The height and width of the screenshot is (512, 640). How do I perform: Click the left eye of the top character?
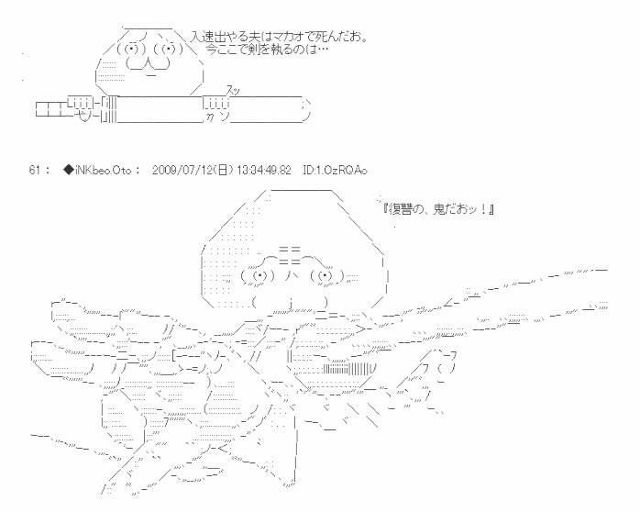[x=133, y=48]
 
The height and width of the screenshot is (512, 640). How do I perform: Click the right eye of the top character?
[x=167, y=48]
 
